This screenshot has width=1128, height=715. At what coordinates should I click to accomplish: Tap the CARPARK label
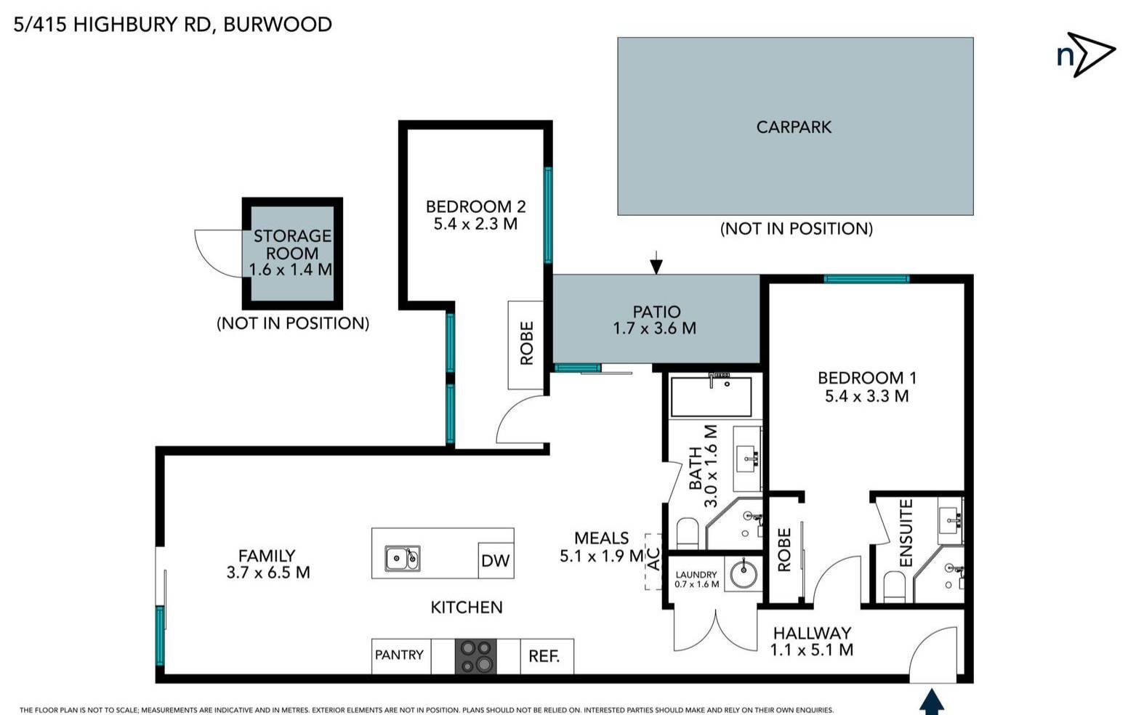[794, 127]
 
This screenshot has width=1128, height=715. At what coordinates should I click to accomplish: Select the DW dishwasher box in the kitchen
[495, 560]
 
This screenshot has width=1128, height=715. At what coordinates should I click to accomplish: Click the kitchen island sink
[402, 558]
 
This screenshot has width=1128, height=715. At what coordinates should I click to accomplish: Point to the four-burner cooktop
[476, 656]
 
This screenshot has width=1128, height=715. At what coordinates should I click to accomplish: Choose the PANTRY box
[400, 655]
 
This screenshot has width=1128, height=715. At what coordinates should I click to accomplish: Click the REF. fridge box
[545, 656]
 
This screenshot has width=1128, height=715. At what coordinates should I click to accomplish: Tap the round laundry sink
[743, 573]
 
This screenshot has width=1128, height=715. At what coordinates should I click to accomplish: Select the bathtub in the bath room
[710, 396]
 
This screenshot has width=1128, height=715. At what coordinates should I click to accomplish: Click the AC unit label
[653, 560]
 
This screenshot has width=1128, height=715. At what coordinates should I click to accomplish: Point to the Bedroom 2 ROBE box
[525, 344]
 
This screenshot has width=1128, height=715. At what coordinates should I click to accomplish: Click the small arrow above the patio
[656, 263]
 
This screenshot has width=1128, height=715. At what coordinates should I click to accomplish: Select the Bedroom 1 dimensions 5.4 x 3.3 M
[866, 397]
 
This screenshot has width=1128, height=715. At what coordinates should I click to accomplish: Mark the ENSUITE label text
[906, 533]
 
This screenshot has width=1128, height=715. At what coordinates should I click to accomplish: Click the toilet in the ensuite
[894, 586]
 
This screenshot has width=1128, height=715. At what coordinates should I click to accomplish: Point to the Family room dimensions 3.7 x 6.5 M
[268, 573]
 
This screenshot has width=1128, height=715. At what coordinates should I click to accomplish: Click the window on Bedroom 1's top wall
[866, 279]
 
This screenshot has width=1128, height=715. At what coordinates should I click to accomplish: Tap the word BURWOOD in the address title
[278, 24]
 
